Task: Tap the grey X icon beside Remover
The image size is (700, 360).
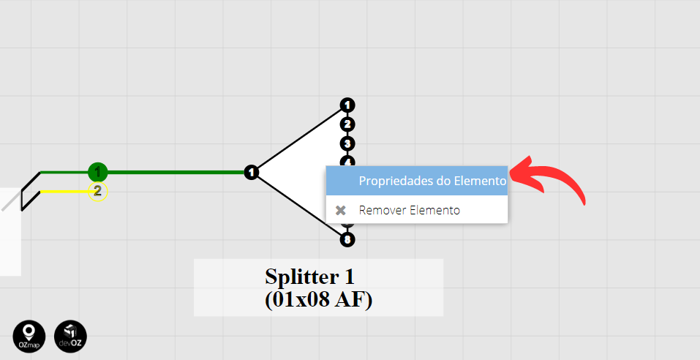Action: click(x=340, y=210)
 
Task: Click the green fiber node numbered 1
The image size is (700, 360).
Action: click(x=97, y=173)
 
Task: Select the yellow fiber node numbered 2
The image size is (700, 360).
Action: click(x=97, y=192)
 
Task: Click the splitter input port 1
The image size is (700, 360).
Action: click(x=252, y=173)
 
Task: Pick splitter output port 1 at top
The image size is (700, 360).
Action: click(x=347, y=105)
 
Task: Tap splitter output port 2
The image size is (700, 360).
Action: click(x=347, y=124)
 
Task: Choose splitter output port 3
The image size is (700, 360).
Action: click(x=347, y=143)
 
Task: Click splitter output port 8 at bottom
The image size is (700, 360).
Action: click(x=347, y=239)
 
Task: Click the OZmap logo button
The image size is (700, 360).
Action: click(x=29, y=337)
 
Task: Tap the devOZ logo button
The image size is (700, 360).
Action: click(x=71, y=337)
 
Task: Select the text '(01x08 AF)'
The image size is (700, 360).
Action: click(x=319, y=300)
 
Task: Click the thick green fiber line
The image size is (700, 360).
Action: click(x=176, y=173)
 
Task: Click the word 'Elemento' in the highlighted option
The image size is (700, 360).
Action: click(x=480, y=181)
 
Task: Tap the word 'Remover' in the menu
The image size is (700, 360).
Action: click(x=383, y=210)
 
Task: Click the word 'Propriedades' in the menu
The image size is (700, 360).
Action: click(x=395, y=181)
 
